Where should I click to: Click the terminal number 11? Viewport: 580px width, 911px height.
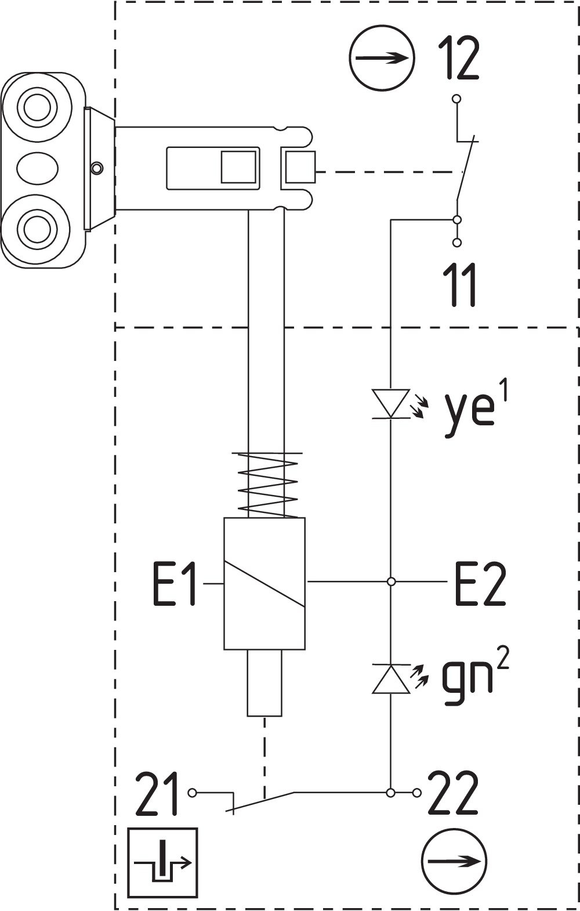[462, 284]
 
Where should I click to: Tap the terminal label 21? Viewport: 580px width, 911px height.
[157, 794]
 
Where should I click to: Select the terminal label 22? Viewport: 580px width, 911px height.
[453, 794]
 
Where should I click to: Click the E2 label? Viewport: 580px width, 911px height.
[480, 584]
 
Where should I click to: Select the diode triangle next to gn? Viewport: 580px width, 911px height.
[391, 680]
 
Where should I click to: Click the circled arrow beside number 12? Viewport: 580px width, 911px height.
[382, 57]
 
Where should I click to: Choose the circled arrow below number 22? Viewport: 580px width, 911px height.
[454, 862]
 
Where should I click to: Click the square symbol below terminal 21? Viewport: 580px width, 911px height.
[163, 862]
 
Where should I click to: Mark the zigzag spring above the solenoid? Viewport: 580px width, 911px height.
[269, 485]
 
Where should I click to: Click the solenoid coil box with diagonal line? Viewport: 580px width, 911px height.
[264, 583]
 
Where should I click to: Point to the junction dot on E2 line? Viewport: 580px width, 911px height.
[391, 581]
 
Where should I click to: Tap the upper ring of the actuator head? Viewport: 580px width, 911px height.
[37, 108]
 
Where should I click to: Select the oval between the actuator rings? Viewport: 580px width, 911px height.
[37, 168]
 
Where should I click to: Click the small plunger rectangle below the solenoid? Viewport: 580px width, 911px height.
[264, 682]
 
